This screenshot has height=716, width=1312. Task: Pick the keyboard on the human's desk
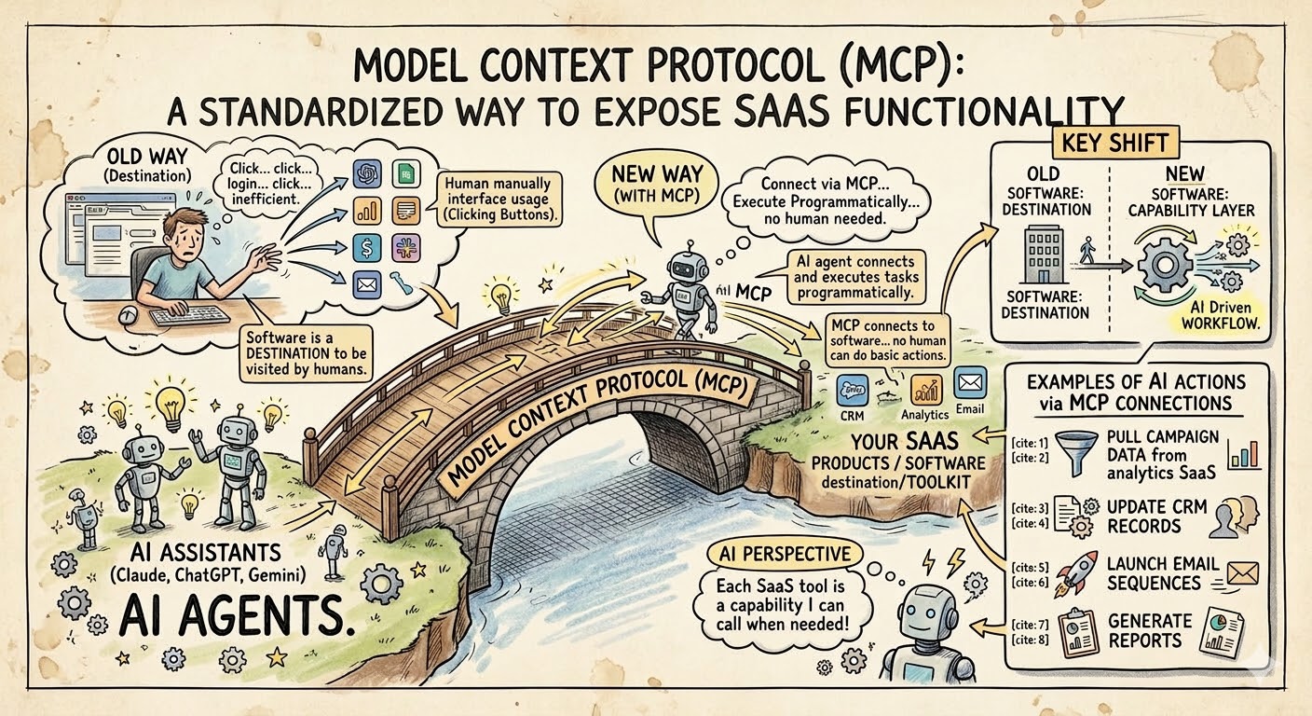click(190, 316)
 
